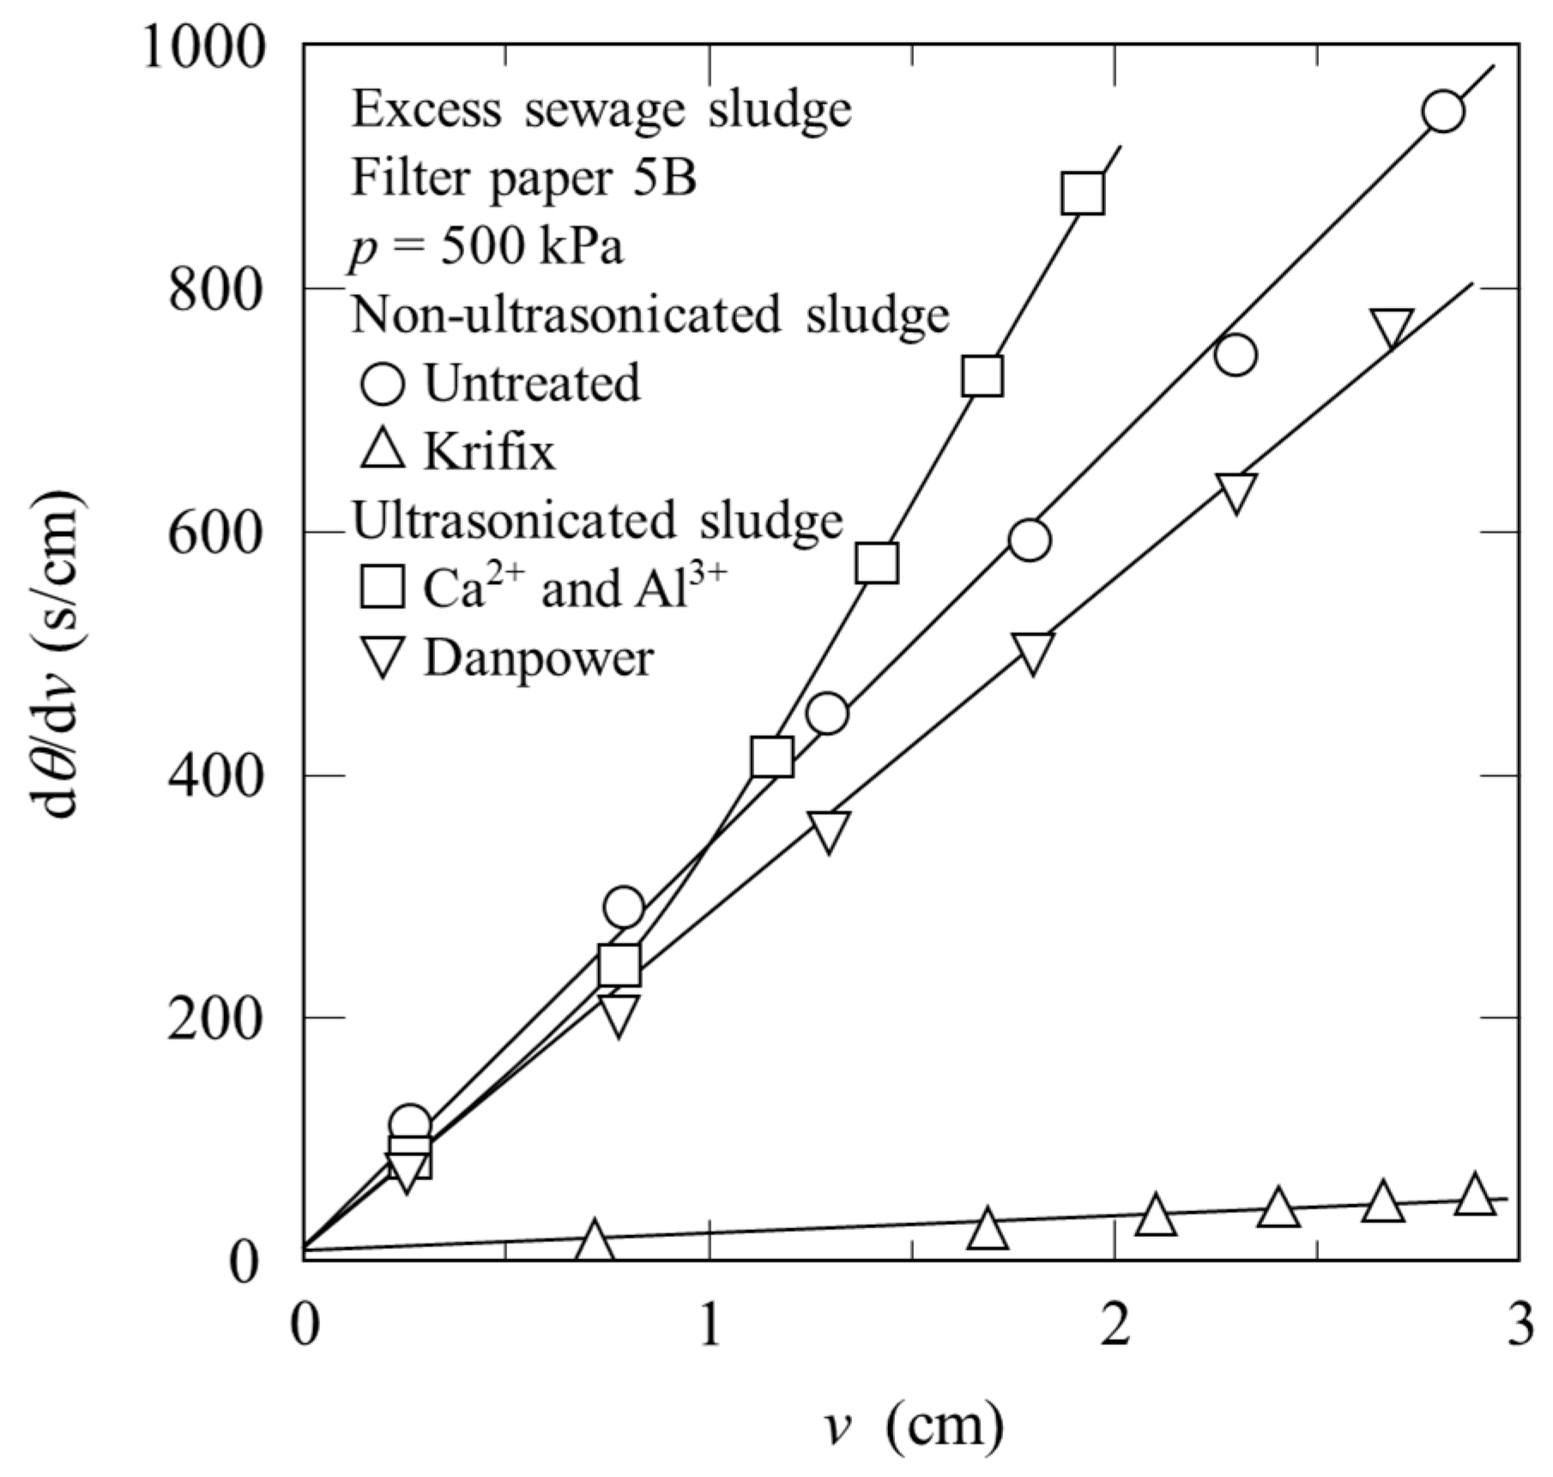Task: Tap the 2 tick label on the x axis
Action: [x=1114, y=1325]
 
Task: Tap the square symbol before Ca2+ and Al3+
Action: [x=382, y=588]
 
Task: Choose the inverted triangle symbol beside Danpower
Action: [x=382, y=659]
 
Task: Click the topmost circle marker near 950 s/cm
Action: [x=1442, y=112]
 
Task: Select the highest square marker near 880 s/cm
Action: [x=1082, y=193]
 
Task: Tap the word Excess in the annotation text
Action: [x=426, y=110]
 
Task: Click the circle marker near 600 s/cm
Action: [x=1030, y=540]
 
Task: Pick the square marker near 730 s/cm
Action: [x=982, y=375]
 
